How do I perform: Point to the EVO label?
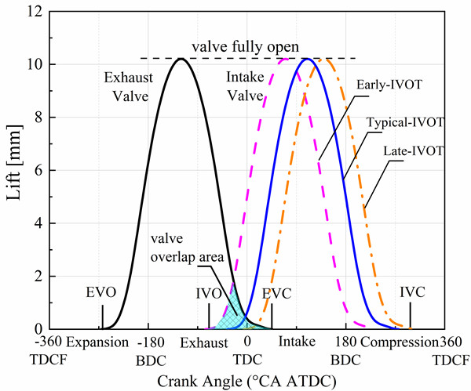click(x=101, y=292)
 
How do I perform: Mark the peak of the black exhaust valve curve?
click(x=181, y=59)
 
